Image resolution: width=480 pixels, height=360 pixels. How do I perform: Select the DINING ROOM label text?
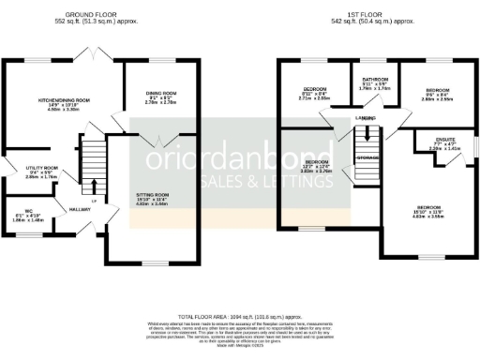click(x=161, y=94)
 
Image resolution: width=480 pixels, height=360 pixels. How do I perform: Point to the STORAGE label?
click(x=367, y=157)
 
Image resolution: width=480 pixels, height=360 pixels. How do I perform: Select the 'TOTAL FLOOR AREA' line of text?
click(x=240, y=319)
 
